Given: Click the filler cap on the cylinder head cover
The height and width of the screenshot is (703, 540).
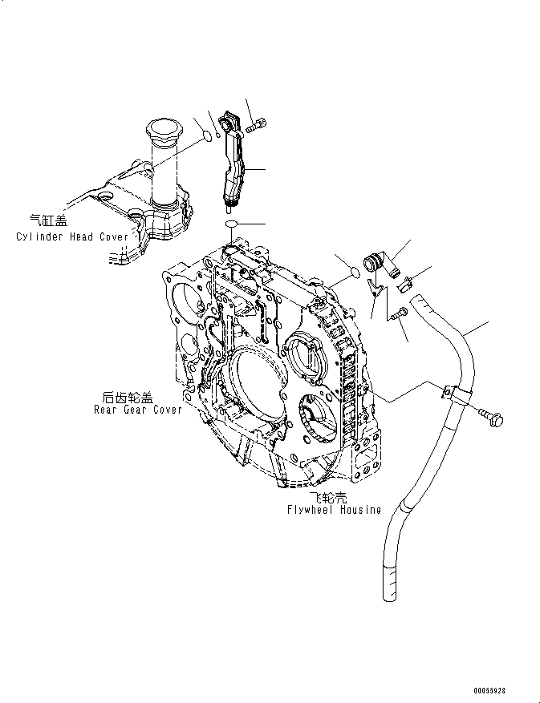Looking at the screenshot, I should [164, 129].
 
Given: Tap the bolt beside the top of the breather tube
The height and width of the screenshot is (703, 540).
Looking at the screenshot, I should [258, 124].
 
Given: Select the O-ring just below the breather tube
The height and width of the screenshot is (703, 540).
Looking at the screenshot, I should [230, 222].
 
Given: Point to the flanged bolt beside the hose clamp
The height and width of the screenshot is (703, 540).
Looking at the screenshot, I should [490, 416].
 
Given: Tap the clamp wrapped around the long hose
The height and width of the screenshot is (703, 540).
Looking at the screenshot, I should [452, 394].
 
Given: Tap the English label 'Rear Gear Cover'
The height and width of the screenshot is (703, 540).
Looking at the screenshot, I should [136, 410].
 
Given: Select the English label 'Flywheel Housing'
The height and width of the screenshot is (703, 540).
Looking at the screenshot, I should [333, 510].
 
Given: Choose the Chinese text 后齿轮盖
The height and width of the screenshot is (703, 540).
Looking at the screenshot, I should [128, 397].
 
